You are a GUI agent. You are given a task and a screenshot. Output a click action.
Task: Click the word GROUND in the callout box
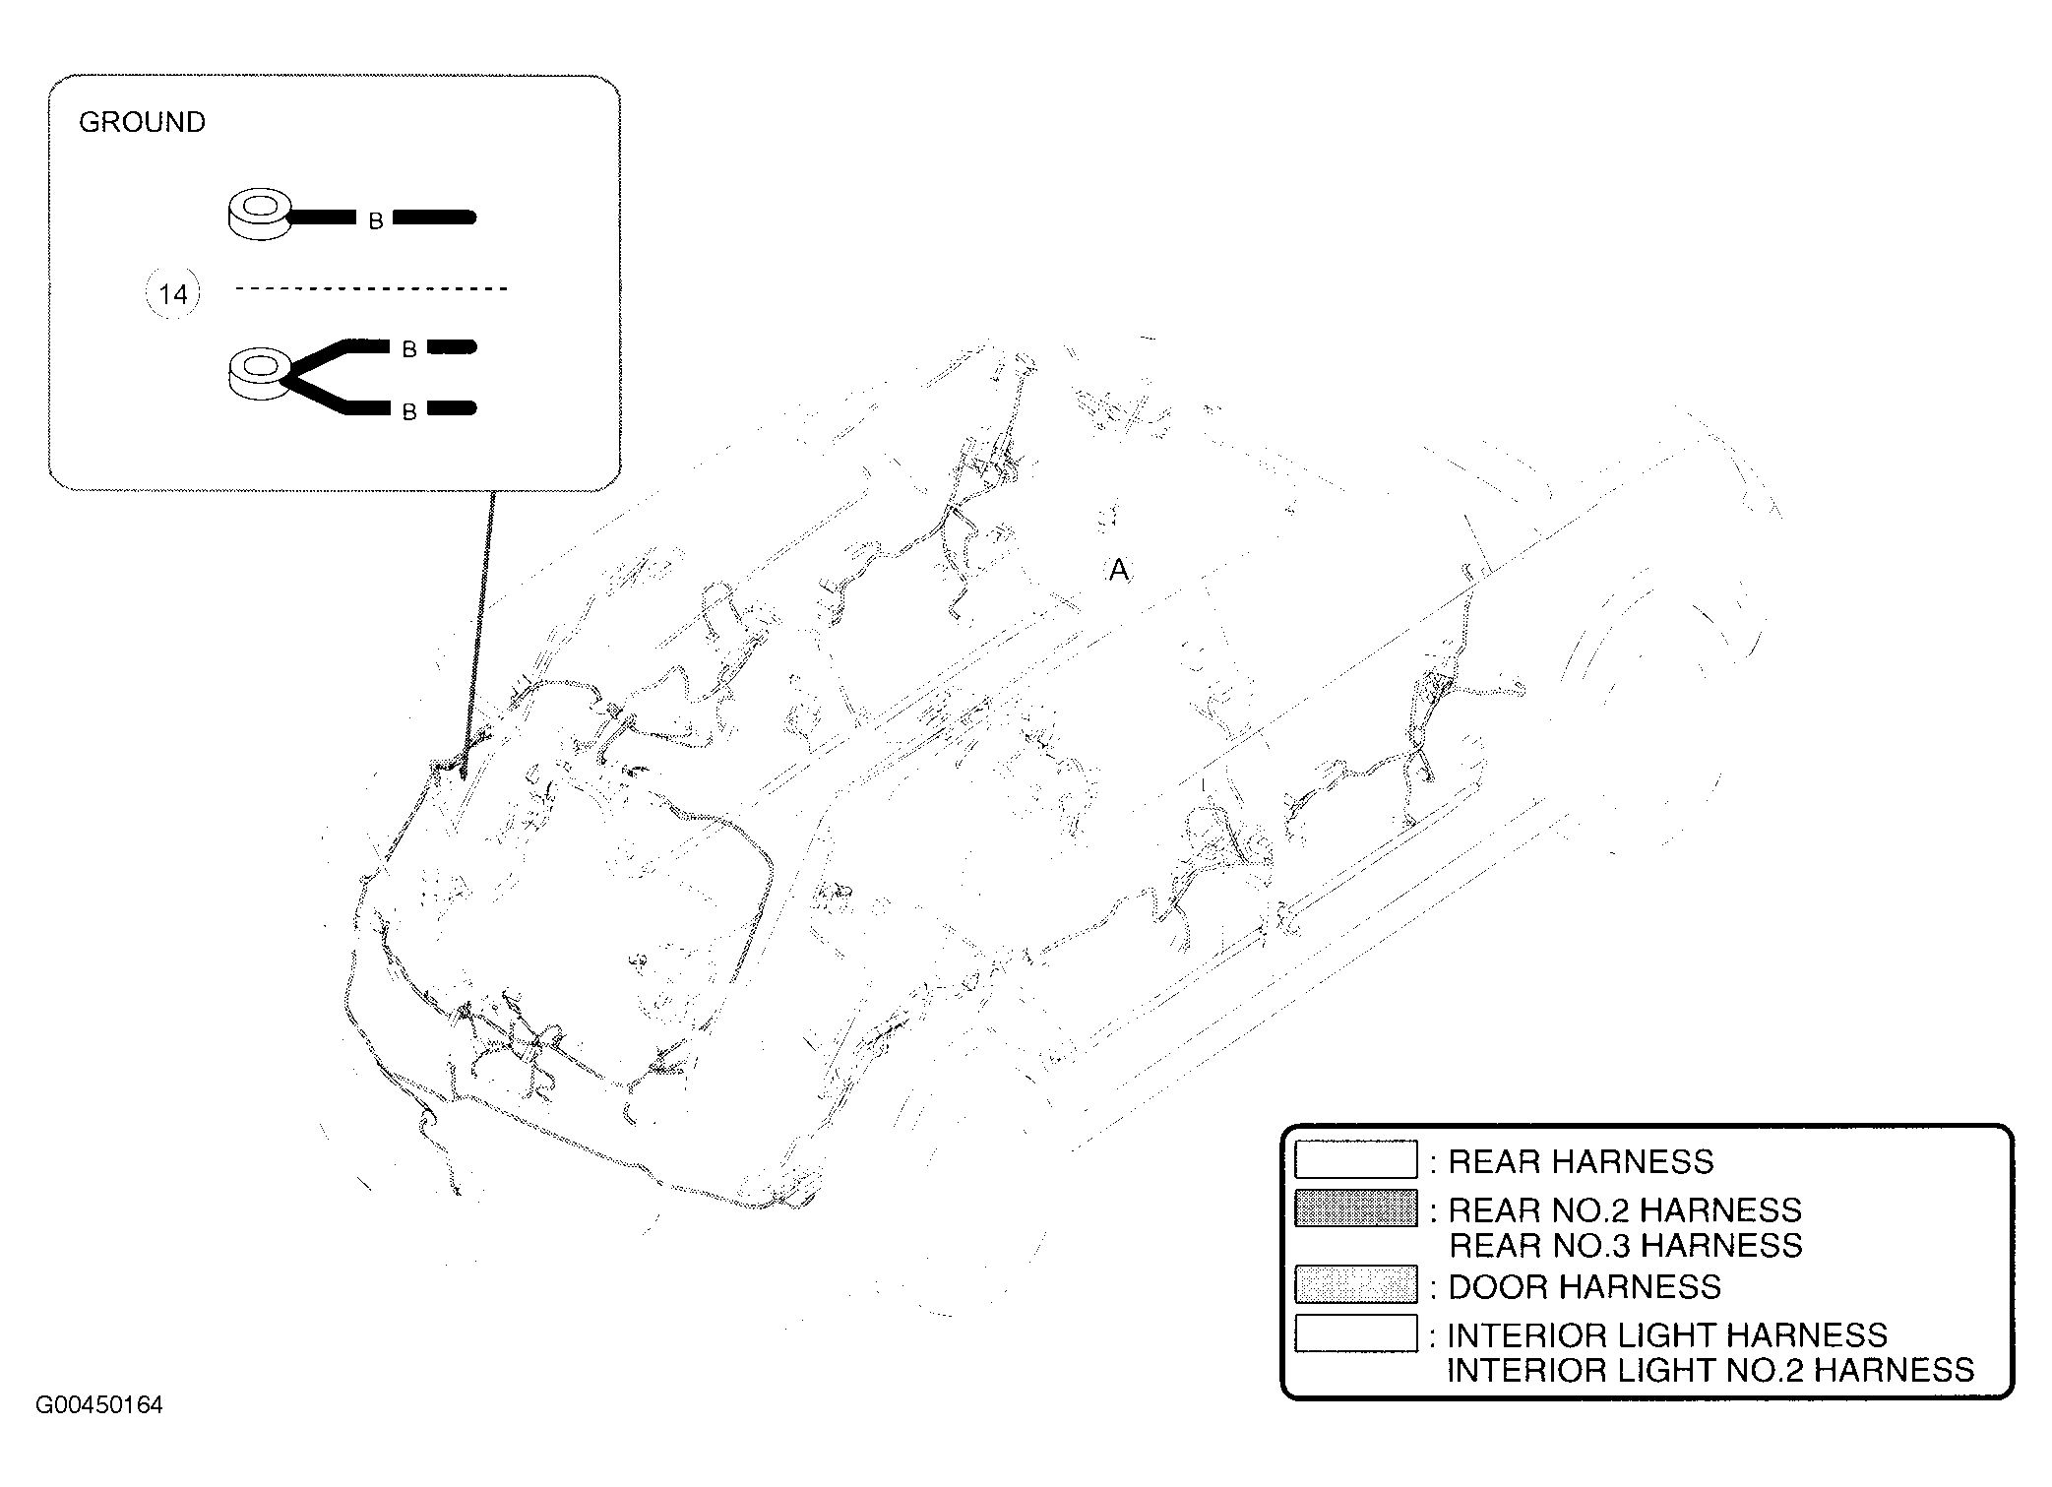point(142,122)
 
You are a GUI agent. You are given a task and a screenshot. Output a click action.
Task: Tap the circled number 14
point(173,293)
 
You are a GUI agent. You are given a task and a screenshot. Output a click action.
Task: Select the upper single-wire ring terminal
point(261,216)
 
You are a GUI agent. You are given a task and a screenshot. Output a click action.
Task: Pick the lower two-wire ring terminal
point(260,374)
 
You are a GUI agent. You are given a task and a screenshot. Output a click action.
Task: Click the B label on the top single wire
point(375,222)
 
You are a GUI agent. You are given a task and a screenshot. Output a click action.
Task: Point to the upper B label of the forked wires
point(409,349)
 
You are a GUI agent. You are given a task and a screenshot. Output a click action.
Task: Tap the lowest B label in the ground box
point(409,413)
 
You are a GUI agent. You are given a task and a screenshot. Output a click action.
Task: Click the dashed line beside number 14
point(372,288)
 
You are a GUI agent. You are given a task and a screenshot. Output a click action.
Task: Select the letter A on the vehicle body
point(1118,570)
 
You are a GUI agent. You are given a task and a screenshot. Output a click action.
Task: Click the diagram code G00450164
point(99,1404)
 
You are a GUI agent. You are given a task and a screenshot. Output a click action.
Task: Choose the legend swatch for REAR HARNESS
point(1355,1159)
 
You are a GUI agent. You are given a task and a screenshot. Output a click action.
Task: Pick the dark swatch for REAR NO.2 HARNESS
point(1355,1208)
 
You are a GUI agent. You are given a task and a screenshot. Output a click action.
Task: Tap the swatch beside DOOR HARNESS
point(1355,1283)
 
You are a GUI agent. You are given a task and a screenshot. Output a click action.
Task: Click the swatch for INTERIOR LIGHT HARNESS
point(1355,1332)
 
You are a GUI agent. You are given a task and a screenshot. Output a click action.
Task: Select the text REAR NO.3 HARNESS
point(1626,1245)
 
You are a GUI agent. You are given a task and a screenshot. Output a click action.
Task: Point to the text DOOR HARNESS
point(1585,1286)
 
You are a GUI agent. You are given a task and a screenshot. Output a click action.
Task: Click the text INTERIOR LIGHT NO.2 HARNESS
point(1710,1370)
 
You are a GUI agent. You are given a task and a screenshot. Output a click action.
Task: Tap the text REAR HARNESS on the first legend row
point(1581,1161)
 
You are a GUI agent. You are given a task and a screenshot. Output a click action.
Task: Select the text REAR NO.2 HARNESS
point(1625,1209)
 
